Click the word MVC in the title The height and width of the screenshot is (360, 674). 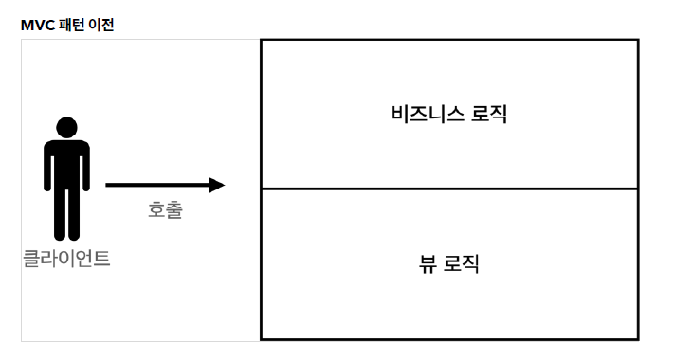click(x=36, y=25)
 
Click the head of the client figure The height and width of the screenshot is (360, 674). click(x=66, y=128)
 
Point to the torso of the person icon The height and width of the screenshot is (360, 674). click(x=66, y=166)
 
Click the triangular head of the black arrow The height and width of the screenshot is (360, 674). click(x=217, y=185)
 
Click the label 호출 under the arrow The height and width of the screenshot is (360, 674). click(x=165, y=210)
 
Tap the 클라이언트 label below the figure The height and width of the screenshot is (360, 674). click(x=66, y=258)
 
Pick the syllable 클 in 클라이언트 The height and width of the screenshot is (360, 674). click(x=31, y=258)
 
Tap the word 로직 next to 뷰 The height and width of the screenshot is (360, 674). click(x=462, y=263)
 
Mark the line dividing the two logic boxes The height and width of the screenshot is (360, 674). click(x=449, y=189)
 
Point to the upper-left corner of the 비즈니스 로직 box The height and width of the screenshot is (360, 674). click(x=262, y=41)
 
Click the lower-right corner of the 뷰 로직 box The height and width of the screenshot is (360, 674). click(x=638, y=338)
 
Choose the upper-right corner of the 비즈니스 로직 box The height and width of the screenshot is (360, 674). click(x=638, y=41)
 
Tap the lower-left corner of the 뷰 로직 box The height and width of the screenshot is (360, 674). click(x=262, y=338)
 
